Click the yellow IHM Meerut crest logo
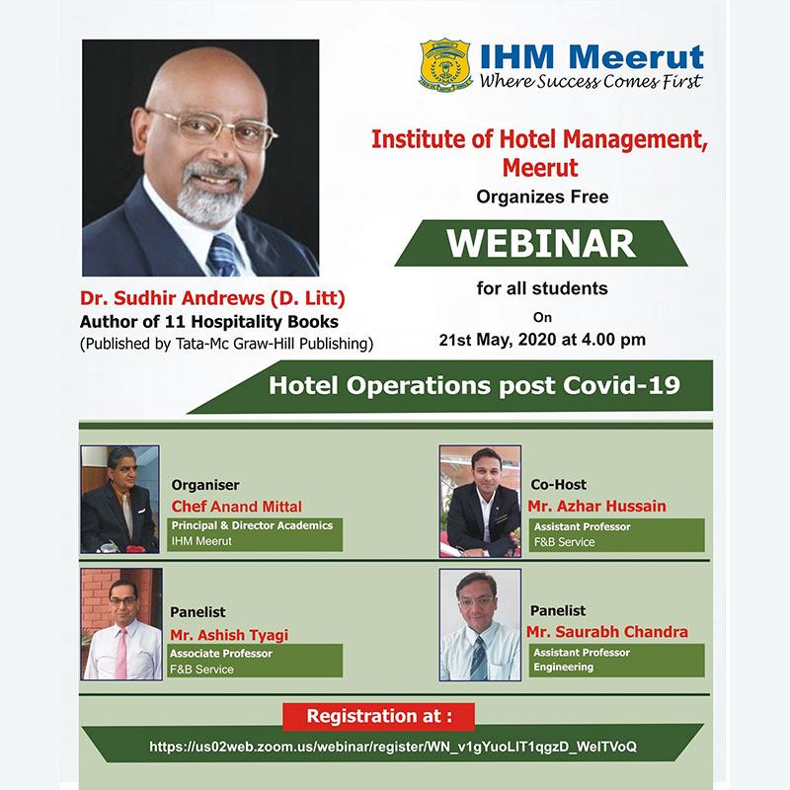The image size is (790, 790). pyautogui.click(x=445, y=64)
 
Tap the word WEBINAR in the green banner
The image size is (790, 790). pyautogui.click(x=541, y=244)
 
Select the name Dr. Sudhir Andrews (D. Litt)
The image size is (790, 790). pyautogui.click(x=212, y=298)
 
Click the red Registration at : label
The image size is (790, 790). pyautogui.click(x=379, y=716)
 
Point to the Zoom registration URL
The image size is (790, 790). pyautogui.click(x=393, y=747)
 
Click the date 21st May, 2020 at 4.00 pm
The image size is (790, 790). pyautogui.click(x=542, y=340)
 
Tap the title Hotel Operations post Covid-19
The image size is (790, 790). pyautogui.click(x=474, y=385)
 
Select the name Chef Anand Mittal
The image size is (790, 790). pyautogui.click(x=236, y=507)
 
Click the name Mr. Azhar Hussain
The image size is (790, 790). pyautogui.click(x=597, y=506)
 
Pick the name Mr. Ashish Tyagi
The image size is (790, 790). pyautogui.click(x=229, y=635)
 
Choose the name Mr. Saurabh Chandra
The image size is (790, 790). pyautogui.click(x=607, y=632)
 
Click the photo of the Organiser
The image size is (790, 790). pyautogui.click(x=119, y=500)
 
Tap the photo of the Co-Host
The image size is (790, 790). pyautogui.click(x=480, y=501)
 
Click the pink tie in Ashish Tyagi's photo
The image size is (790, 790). pyautogui.click(x=120, y=654)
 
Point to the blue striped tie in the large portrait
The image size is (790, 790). pyautogui.click(x=223, y=255)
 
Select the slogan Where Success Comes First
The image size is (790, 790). pyautogui.click(x=591, y=81)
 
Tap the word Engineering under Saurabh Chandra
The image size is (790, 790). pyautogui.click(x=564, y=668)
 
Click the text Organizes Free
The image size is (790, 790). pyautogui.click(x=542, y=197)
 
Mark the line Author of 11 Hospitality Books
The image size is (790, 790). pyautogui.click(x=209, y=322)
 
